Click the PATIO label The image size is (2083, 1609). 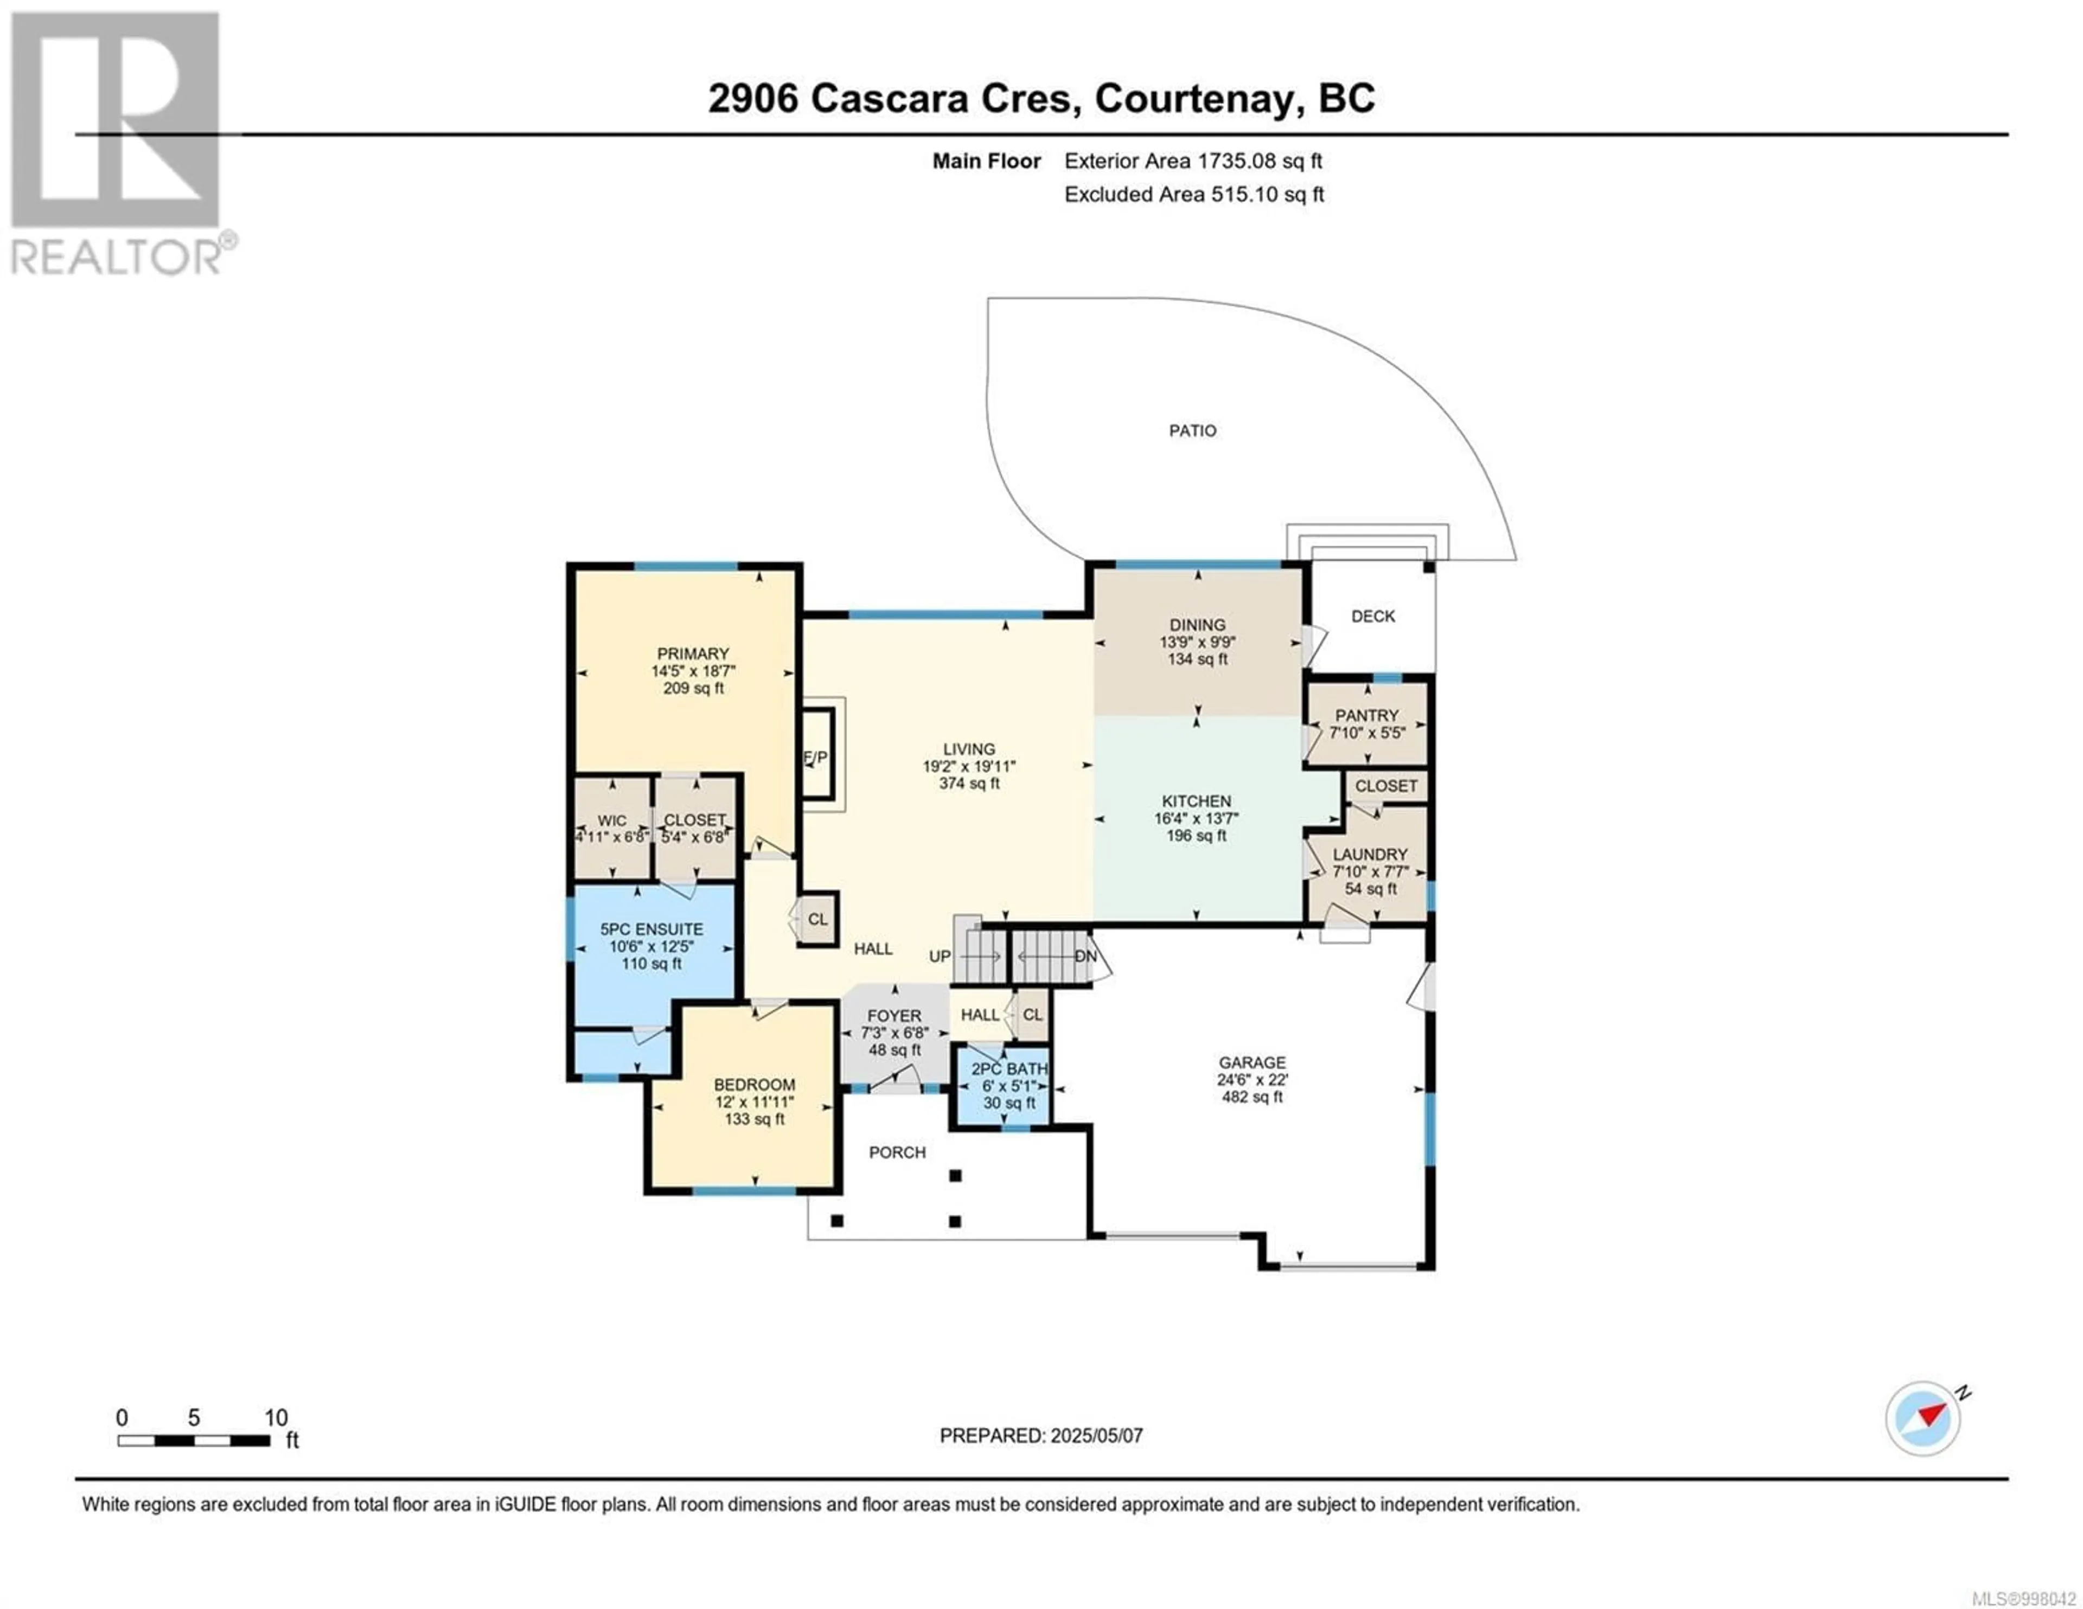(1192, 431)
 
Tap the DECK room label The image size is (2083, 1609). (1372, 616)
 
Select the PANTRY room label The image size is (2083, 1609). (1367, 715)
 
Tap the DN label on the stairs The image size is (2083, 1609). (1085, 956)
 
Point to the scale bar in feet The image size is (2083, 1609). (194, 1440)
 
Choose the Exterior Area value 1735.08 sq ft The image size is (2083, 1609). (1260, 161)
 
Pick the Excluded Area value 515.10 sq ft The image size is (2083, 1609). (1268, 195)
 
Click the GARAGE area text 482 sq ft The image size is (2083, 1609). (1253, 1097)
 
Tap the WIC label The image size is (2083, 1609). (612, 821)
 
